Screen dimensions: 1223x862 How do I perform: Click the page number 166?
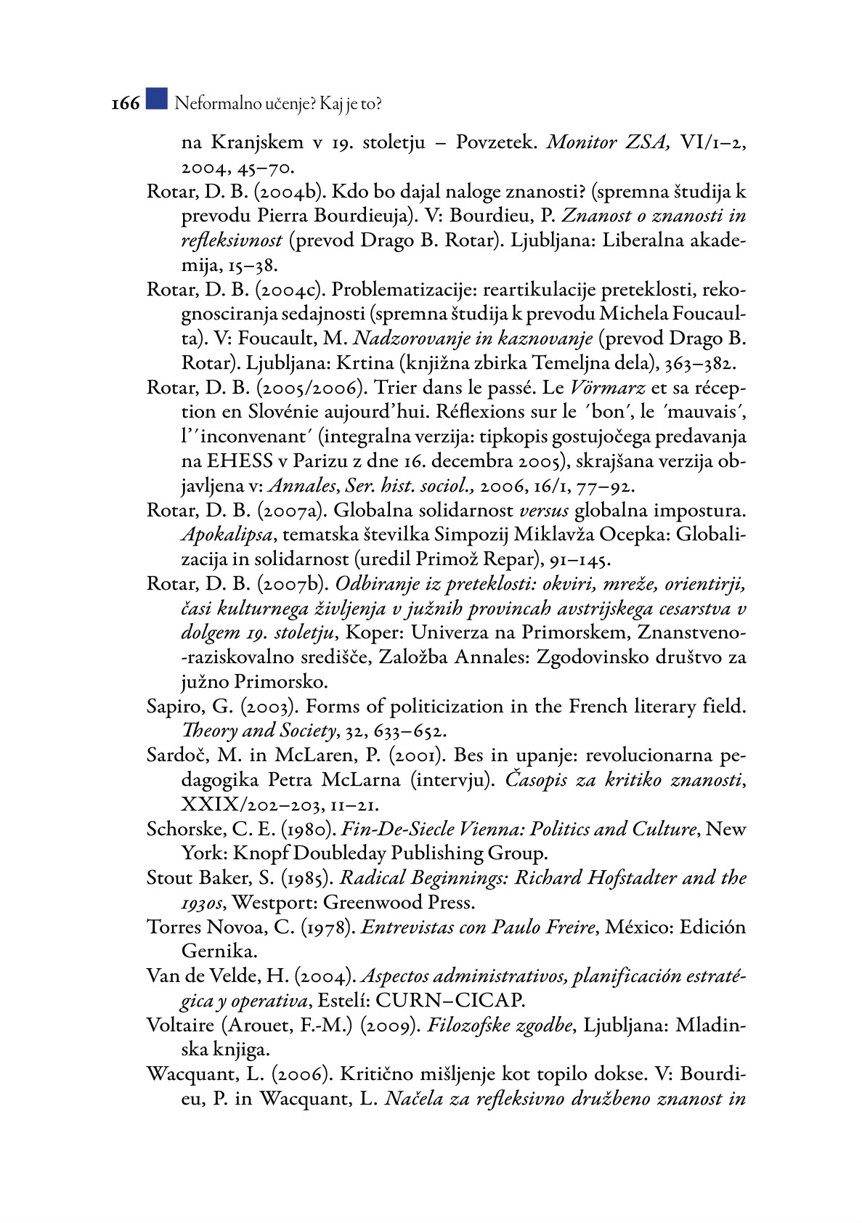click(x=125, y=104)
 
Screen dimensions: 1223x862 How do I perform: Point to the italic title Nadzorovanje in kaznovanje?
click(x=473, y=338)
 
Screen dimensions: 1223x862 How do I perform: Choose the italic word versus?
click(x=544, y=511)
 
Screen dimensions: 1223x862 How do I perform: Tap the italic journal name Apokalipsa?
click(x=227, y=535)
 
